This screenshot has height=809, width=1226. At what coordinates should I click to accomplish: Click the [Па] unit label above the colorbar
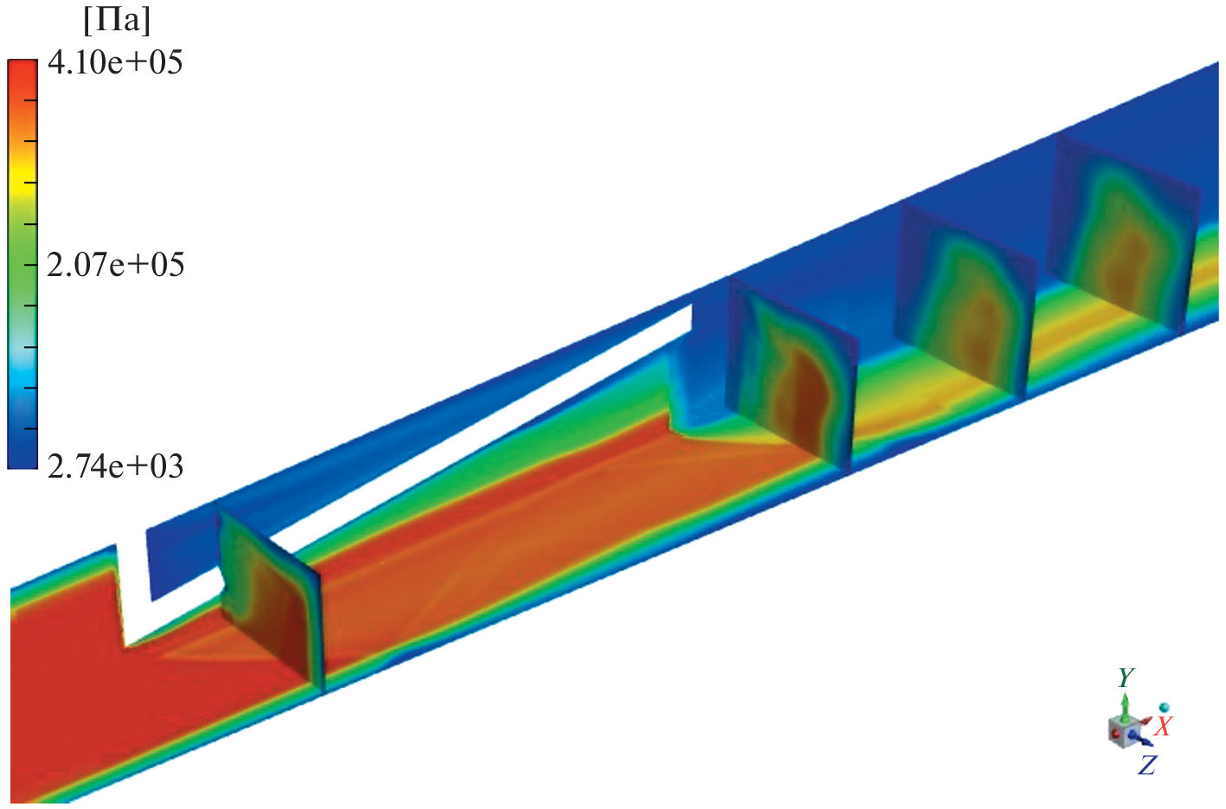[x=117, y=22]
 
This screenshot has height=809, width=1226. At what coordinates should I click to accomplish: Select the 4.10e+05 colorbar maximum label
[x=115, y=62]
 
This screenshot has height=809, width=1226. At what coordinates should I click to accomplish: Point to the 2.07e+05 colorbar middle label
[x=115, y=266]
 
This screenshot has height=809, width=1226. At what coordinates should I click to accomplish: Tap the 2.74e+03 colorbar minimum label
[x=115, y=467]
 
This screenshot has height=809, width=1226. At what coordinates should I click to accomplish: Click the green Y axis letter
[x=1126, y=677]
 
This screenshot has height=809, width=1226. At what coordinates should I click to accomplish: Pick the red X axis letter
[x=1163, y=726]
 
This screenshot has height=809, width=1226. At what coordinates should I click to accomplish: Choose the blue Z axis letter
[x=1147, y=765]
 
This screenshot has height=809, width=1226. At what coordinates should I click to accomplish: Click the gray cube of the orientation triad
[x=1123, y=732]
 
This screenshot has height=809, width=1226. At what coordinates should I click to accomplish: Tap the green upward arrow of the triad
[x=1124, y=707]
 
